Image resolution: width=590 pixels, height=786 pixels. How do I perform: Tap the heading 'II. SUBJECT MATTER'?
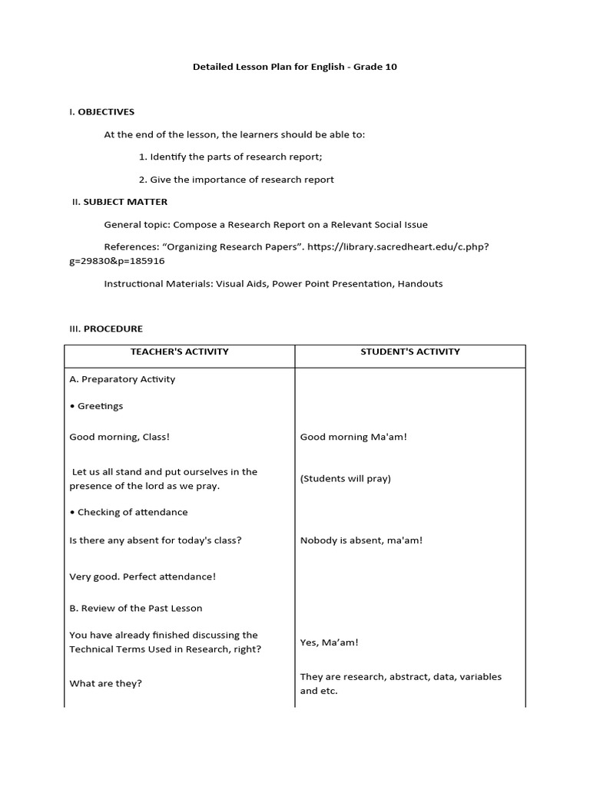point(119,202)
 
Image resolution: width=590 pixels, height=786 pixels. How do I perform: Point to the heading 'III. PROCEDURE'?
point(106,329)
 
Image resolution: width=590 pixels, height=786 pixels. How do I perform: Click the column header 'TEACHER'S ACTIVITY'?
point(180,352)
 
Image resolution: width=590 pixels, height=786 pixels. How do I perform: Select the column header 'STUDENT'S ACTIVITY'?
point(410,352)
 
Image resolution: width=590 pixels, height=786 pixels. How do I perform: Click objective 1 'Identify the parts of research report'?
point(230,157)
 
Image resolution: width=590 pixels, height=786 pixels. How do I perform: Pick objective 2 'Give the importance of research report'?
point(237,180)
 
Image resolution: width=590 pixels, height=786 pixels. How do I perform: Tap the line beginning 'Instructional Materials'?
point(273,283)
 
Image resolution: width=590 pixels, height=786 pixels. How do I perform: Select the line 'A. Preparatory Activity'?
point(123,379)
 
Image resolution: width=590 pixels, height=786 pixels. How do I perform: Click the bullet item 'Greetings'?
point(97,406)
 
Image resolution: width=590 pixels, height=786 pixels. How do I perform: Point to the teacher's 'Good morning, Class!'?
point(120,437)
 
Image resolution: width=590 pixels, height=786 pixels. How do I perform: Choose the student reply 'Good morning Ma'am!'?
point(353,437)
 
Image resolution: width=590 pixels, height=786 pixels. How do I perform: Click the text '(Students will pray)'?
point(346,478)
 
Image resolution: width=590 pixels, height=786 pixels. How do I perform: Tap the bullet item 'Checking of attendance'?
point(129,512)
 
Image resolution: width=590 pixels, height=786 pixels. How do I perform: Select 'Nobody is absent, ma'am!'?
point(361,540)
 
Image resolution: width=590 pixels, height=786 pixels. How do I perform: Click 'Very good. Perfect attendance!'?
point(143,576)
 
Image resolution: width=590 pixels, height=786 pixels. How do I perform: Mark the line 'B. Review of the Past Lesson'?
point(136,608)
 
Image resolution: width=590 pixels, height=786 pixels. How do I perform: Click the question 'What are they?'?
point(106,683)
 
